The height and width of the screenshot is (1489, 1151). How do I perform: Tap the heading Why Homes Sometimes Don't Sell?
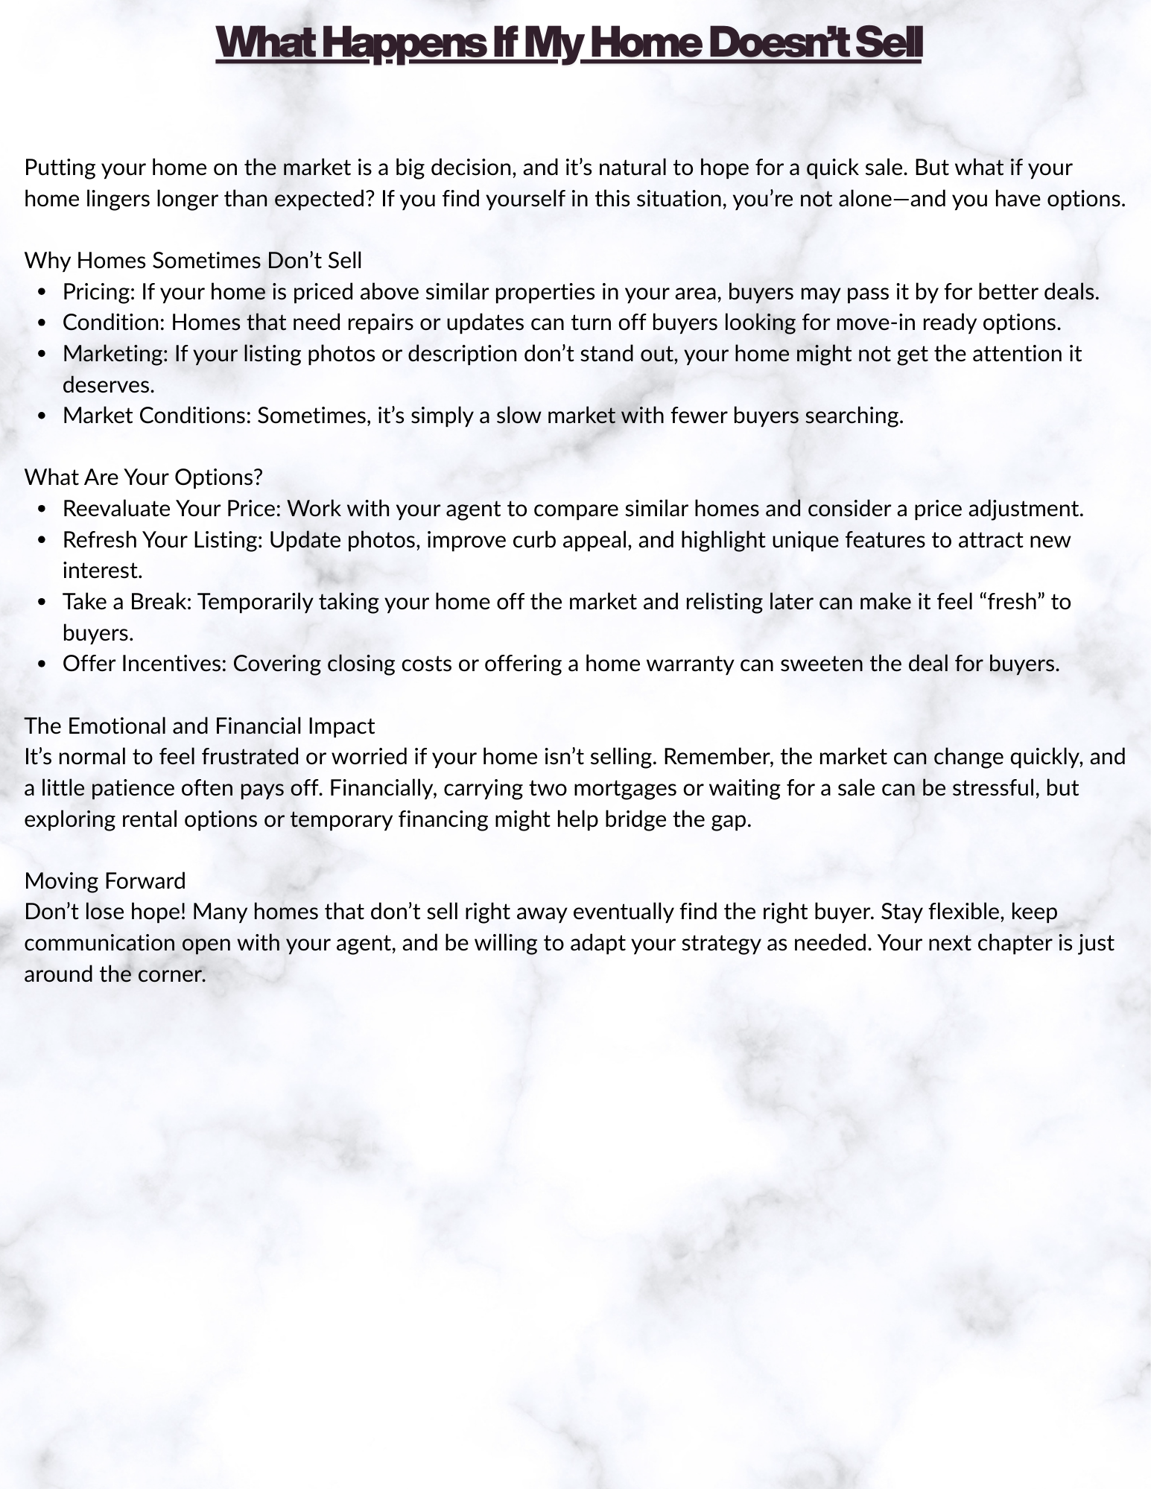[193, 260]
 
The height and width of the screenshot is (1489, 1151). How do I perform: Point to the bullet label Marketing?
[115, 353]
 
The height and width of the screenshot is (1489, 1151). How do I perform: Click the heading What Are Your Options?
[143, 477]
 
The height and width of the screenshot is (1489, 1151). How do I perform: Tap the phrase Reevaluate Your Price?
[171, 508]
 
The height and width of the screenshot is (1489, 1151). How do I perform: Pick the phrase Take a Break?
[127, 601]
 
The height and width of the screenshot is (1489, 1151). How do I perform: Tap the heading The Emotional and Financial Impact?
[199, 726]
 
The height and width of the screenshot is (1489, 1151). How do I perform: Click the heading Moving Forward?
[105, 880]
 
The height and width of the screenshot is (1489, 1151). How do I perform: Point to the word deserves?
[108, 384]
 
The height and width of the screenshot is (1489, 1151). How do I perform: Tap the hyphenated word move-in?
[877, 323]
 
